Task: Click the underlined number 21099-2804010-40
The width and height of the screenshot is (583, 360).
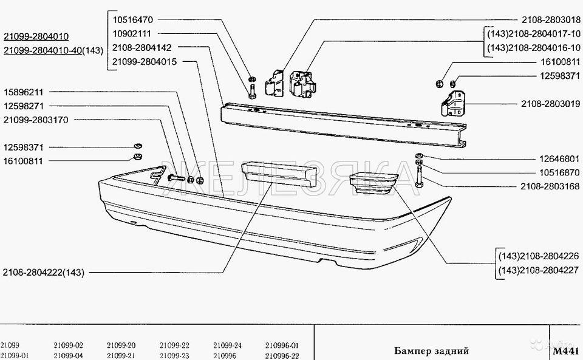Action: coord(42,50)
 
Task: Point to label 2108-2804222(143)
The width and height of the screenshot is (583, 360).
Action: coord(43,273)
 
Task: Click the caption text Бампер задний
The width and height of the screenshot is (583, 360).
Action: coord(431,351)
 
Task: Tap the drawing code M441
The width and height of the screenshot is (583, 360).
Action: coord(567,350)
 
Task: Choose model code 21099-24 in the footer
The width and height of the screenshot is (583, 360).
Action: coord(227,345)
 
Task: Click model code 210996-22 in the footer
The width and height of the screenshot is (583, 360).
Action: coord(282,355)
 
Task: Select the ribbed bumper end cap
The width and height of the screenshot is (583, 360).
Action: coord(373,183)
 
